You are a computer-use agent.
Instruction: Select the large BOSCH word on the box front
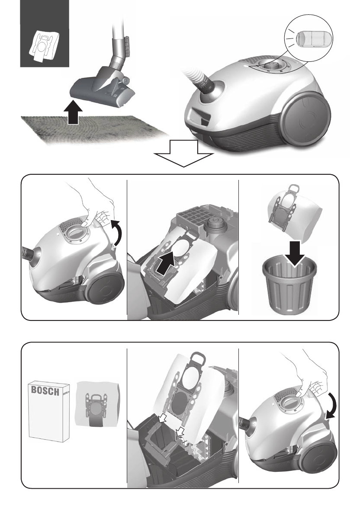point(45,390)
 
